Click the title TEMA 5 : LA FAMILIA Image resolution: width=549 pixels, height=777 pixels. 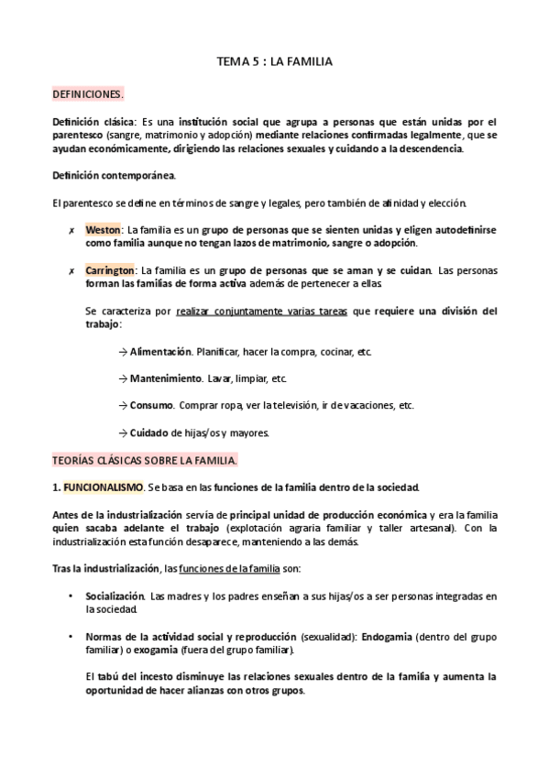pos(274,62)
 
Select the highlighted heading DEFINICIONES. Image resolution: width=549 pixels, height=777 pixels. pos(88,94)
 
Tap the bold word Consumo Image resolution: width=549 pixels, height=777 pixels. pos(152,405)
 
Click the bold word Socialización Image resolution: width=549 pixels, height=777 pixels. pos(115,596)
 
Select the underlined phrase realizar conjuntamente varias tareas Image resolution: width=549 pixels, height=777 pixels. pos(261,312)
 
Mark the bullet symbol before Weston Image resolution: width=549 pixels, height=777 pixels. pos(71,229)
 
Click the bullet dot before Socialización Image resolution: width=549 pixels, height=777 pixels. pos(71,596)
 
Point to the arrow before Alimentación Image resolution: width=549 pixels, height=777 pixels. pos(124,352)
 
